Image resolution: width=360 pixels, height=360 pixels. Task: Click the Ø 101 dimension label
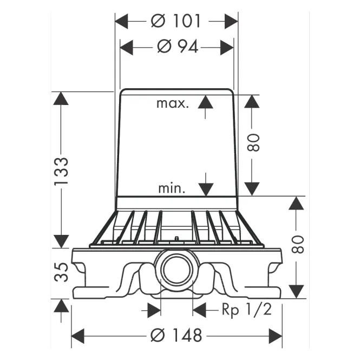[175, 21]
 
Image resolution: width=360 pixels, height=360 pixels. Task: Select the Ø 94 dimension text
[178, 47]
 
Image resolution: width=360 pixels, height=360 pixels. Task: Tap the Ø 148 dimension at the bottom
[176, 335]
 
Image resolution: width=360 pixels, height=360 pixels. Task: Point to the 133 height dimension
[62, 171]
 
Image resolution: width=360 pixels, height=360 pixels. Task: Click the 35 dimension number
[62, 272]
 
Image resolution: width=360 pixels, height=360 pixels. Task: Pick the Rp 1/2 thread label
[247, 310]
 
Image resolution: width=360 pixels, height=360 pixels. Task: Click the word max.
[173, 103]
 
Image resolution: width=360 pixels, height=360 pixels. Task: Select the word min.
[172, 188]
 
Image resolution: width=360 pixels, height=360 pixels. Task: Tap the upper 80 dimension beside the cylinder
[253, 142]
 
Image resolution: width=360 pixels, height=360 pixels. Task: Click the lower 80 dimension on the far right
[298, 244]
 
